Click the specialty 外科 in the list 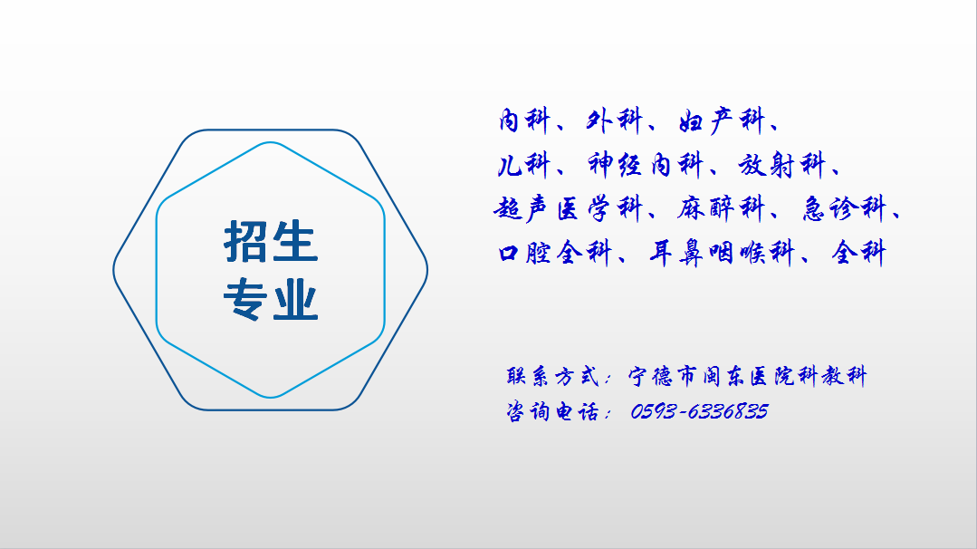(614, 120)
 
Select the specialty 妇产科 (722, 120)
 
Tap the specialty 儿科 (523, 165)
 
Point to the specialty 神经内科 (646, 165)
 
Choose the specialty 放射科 (782, 165)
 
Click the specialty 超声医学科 (568, 208)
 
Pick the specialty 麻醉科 (721, 208)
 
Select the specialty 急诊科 (844, 208)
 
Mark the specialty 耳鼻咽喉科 (723, 253)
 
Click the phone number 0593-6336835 (699, 411)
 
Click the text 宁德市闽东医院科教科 (747, 376)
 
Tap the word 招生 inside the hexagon (271, 241)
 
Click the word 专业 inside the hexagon (271, 300)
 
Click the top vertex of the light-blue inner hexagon (271, 143)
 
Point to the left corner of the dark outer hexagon (114, 270)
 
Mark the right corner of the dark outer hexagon (426, 270)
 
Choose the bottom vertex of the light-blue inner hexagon (271, 397)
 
